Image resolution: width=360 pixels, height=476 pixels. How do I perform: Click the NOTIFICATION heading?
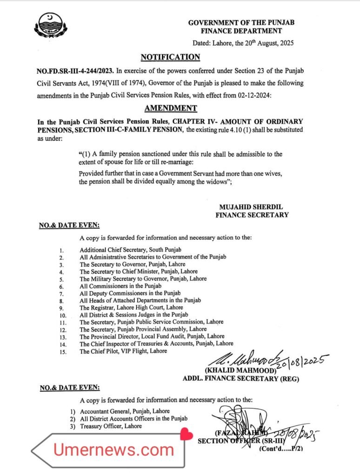point(170,57)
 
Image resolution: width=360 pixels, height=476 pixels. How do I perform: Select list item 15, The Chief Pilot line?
point(123,351)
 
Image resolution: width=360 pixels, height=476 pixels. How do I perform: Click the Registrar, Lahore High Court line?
point(131,307)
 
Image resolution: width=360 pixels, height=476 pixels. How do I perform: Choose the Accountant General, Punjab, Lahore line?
point(125,411)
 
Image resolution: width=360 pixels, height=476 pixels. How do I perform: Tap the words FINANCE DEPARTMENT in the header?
point(241,31)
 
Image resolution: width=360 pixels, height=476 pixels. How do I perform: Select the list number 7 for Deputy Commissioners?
point(61,294)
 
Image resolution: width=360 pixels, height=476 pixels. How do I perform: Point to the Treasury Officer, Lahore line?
point(111,426)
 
